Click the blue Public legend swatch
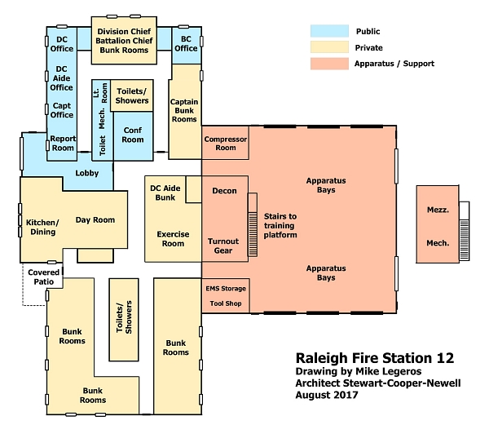click(329, 31)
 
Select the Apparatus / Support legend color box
click(329, 64)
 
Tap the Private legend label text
click(368, 48)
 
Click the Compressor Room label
click(226, 144)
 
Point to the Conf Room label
click(133, 135)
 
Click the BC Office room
click(186, 46)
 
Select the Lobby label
click(87, 173)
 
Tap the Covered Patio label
click(44, 277)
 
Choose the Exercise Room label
click(173, 239)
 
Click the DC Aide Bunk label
click(165, 193)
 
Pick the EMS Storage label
click(226, 289)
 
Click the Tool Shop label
click(226, 303)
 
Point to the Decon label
click(224, 191)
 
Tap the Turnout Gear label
click(223, 246)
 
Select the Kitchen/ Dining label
click(42, 227)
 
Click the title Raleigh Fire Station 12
click(375, 358)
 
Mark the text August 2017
click(327, 395)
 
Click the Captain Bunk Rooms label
click(184, 110)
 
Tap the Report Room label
click(63, 144)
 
